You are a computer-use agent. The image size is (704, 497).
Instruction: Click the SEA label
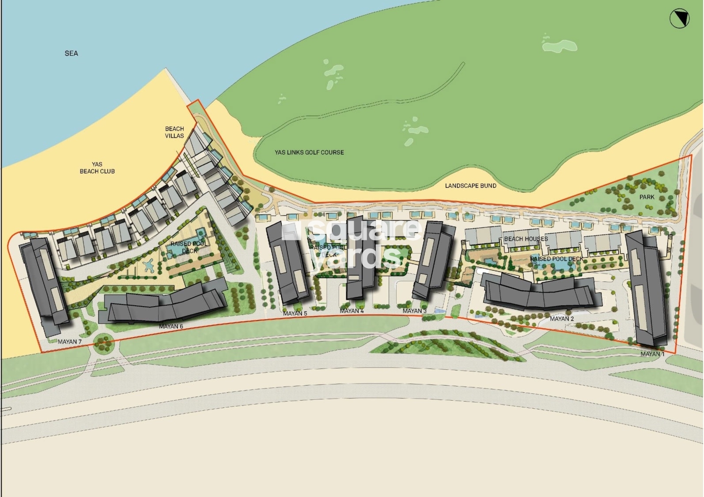[x=71, y=53]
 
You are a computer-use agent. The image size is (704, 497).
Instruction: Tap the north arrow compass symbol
[x=679, y=19]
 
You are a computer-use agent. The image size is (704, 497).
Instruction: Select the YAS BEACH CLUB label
[x=97, y=168]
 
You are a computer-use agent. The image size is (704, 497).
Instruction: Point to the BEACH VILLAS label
[x=174, y=132]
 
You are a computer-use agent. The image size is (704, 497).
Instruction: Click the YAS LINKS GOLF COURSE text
[x=309, y=152]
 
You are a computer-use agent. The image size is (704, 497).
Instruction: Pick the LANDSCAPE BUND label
[x=470, y=186]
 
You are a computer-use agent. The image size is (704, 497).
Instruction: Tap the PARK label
[x=647, y=197]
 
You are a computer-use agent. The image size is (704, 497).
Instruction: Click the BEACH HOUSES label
[x=526, y=239]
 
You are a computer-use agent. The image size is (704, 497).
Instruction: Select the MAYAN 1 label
[x=652, y=354]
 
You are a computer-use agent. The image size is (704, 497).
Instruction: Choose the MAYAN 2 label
[x=562, y=319]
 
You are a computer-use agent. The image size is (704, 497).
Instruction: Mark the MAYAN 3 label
[x=414, y=311]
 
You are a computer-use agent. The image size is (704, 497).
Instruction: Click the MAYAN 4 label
[x=352, y=311]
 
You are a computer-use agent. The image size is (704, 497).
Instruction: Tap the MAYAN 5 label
[x=295, y=314]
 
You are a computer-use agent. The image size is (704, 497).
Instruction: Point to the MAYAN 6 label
[x=171, y=326]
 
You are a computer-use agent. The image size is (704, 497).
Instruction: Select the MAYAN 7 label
[x=69, y=342]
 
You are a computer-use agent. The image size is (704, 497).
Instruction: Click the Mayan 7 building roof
[x=44, y=283]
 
